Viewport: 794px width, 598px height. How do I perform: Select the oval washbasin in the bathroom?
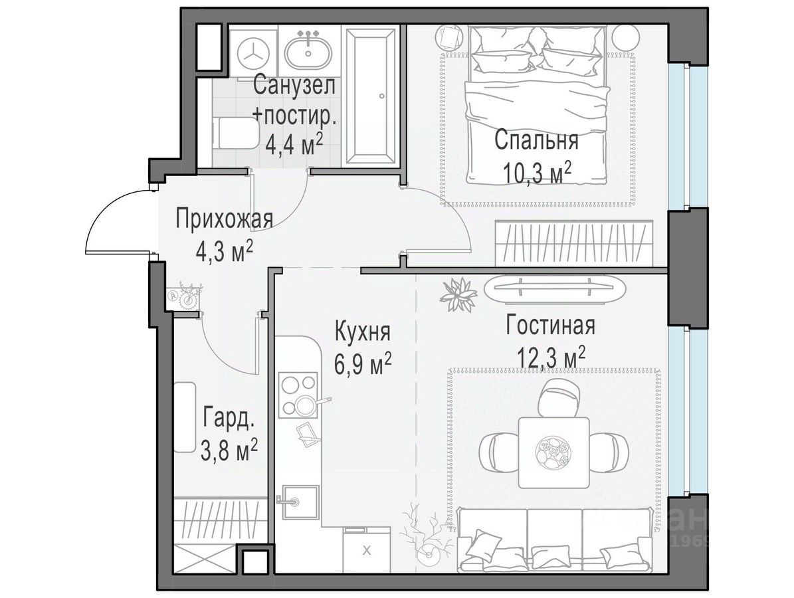308,52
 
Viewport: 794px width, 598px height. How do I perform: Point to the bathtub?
371,96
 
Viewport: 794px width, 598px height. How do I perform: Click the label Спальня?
536,140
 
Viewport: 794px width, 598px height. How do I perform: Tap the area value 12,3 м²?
551,358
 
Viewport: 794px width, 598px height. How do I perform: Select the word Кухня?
363,332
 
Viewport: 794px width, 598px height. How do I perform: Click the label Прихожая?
225,221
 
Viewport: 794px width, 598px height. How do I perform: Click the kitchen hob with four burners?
298,395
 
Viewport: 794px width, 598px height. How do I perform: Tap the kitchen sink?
299,501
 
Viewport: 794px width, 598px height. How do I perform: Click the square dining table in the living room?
553,452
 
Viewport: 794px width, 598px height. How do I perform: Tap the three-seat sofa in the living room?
553,540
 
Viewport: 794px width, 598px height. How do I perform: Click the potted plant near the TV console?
458,294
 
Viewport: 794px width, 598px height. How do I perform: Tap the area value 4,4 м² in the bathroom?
294,146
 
